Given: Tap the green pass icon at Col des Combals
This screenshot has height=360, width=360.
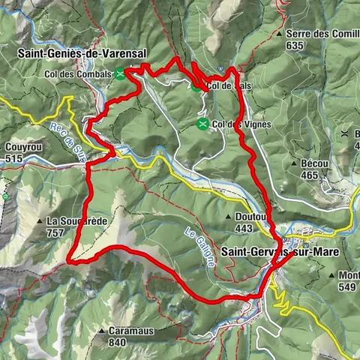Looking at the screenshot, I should (120, 73).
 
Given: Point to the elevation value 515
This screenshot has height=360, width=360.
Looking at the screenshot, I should (14, 158).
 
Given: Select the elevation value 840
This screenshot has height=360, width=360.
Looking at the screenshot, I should (118, 342).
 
